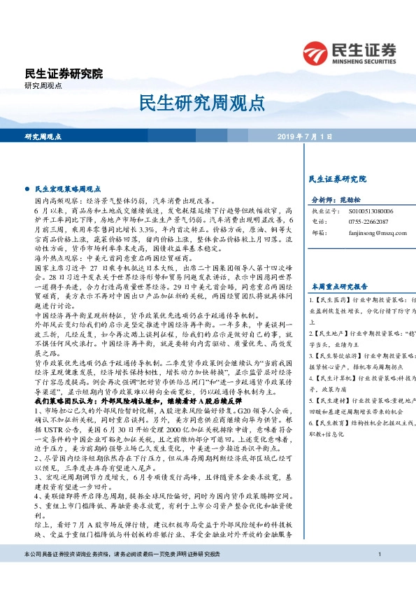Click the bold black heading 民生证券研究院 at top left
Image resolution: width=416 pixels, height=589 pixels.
(x=63, y=73)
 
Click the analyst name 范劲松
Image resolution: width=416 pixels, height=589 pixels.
(x=355, y=199)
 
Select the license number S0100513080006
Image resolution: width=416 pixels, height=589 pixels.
(x=371, y=210)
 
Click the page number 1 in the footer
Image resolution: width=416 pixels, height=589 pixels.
(x=379, y=574)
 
